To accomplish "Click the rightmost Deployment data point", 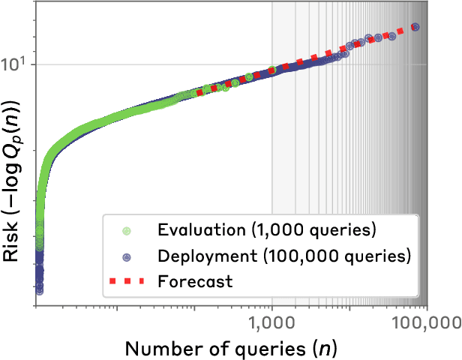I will coord(416,28).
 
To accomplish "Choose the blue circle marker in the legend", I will coord(127,256).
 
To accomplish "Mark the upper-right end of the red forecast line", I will coord(403,31).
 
